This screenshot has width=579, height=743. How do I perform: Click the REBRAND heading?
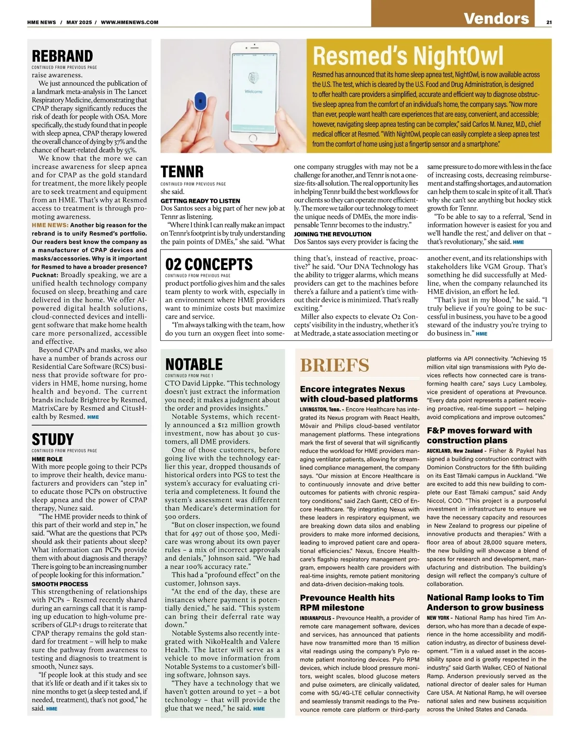pyautogui.click(x=62, y=56)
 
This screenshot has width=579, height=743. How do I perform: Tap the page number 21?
pyautogui.click(x=549, y=22)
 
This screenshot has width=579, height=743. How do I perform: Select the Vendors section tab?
pyautogui.click(x=496, y=18)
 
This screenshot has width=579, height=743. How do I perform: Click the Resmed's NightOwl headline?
pyautogui.click(x=408, y=56)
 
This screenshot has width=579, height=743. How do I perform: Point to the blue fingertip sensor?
pyautogui.click(x=199, y=101)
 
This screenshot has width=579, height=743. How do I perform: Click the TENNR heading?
pyautogui.click(x=182, y=172)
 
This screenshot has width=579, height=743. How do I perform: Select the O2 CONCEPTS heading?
pyautogui.click(x=209, y=264)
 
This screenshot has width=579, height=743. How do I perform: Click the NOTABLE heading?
pyautogui.click(x=194, y=364)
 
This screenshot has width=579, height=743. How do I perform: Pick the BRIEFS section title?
pyautogui.click(x=334, y=365)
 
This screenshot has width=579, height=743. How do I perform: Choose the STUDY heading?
pyautogui.click(x=53, y=439)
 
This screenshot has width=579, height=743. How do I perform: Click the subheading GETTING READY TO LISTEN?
pyautogui.click(x=200, y=201)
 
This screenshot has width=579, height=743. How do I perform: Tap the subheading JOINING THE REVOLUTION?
pyautogui.click(x=332, y=234)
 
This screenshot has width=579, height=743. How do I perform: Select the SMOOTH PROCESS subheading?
pyautogui.click(x=60, y=584)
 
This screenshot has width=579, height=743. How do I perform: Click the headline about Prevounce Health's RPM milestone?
pyautogui.click(x=347, y=603)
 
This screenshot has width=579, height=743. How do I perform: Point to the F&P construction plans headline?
pyautogui.click(x=479, y=435)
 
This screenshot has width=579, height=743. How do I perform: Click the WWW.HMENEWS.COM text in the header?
pyautogui.click(x=130, y=22)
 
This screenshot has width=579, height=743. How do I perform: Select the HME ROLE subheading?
pyautogui.click(x=47, y=459)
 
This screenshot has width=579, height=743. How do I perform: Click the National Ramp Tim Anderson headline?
pyautogui.click(x=485, y=603)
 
